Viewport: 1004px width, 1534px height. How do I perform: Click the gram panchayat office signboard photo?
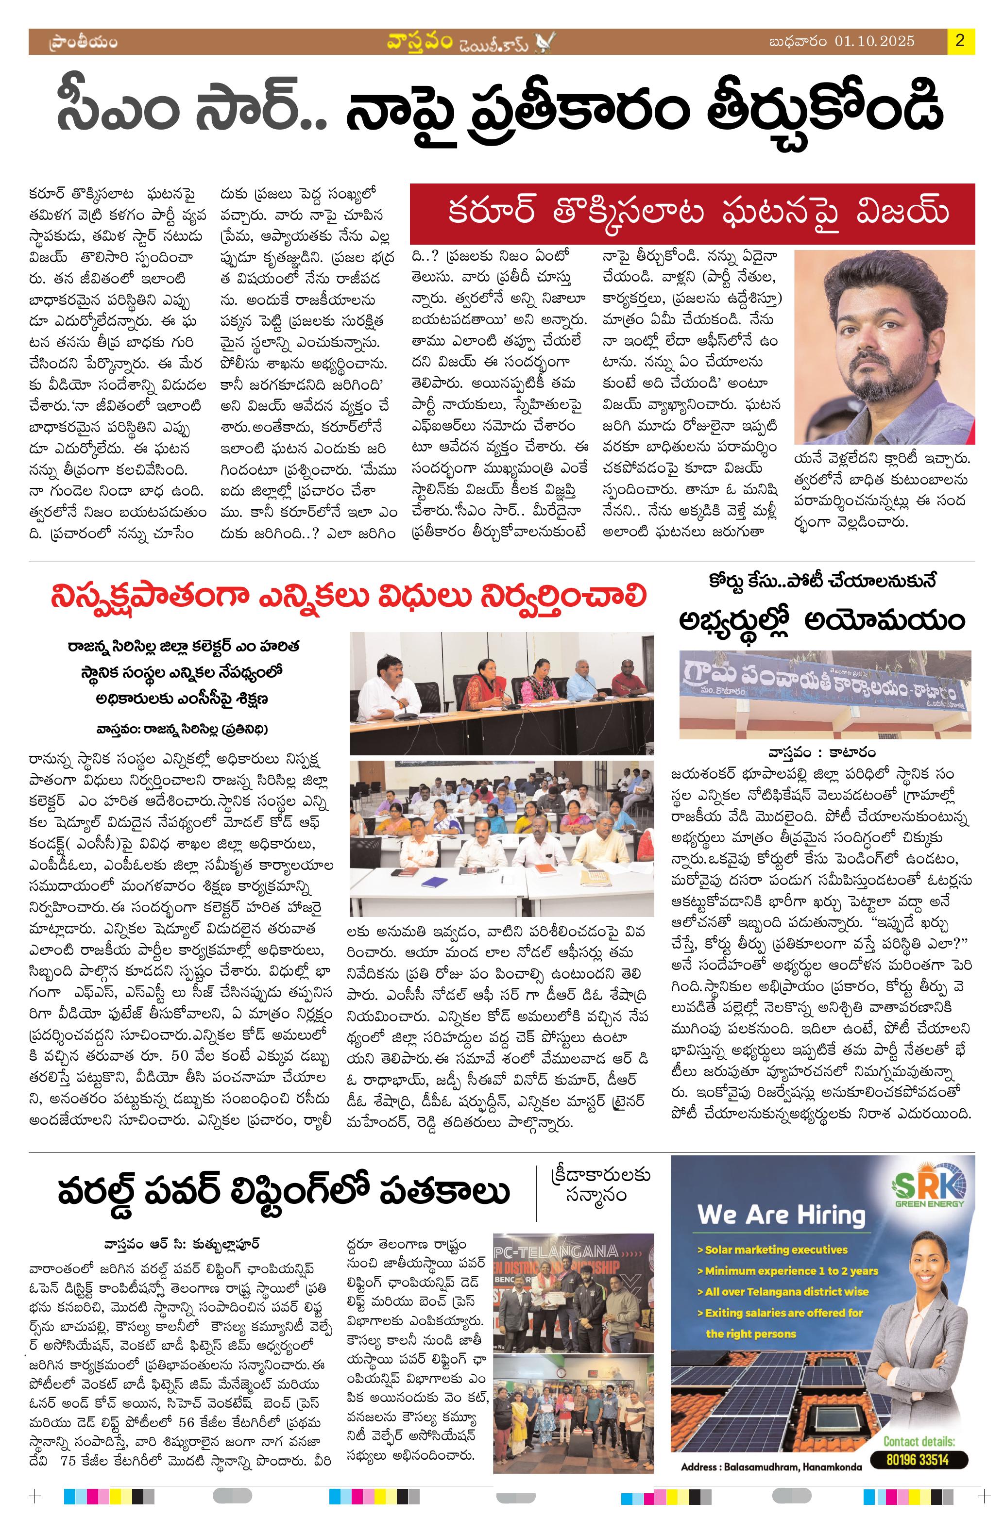pyautogui.click(x=826, y=695)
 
